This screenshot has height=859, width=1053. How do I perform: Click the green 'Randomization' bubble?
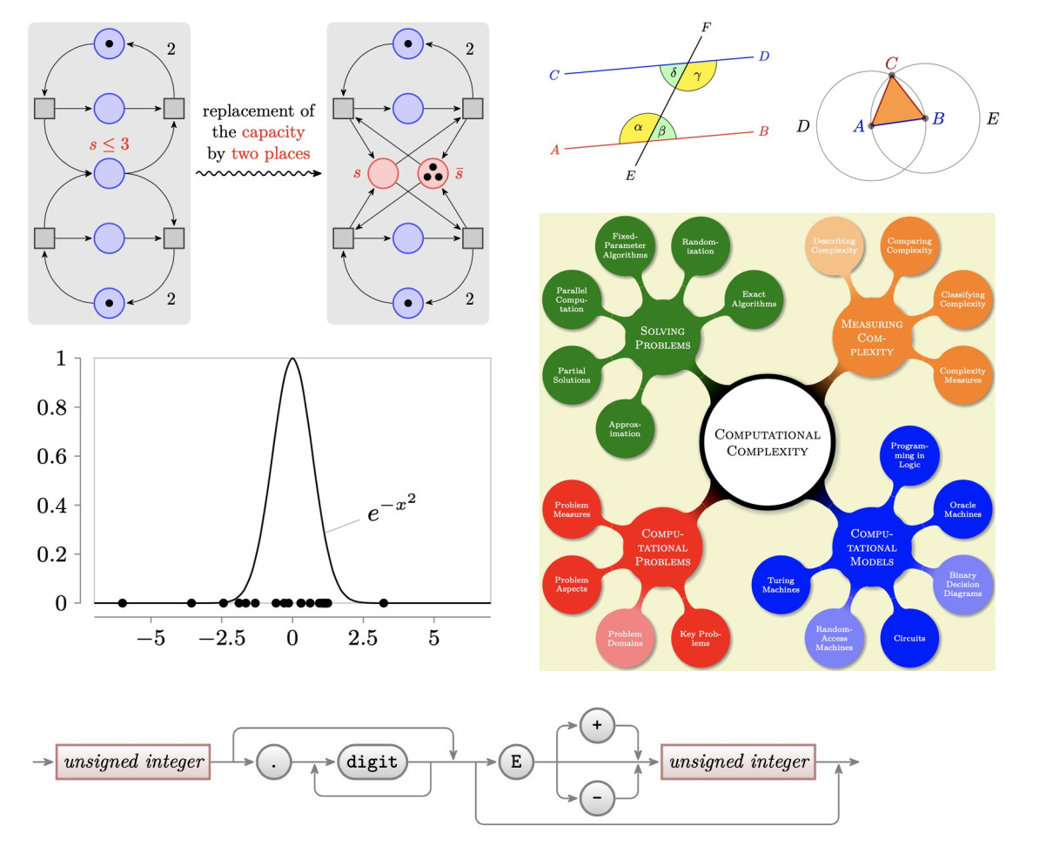click(x=700, y=247)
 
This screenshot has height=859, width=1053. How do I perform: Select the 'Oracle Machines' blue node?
click(x=962, y=510)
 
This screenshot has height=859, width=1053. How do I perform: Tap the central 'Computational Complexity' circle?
click(x=767, y=442)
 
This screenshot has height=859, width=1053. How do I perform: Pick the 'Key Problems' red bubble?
click(x=700, y=638)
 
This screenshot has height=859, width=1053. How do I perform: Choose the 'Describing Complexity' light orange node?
click(x=834, y=246)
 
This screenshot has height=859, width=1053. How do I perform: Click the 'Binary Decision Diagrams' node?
click(x=962, y=584)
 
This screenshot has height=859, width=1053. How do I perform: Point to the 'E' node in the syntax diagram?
click(x=516, y=762)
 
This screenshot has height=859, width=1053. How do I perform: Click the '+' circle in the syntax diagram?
click(x=597, y=725)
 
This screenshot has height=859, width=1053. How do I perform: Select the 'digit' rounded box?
click(x=372, y=762)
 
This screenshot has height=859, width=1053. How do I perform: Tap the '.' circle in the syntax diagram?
click(x=274, y=762)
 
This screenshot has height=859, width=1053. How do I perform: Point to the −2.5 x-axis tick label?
click(x=221, y=638)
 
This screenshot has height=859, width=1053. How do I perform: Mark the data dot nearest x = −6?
click(x=123, y=603)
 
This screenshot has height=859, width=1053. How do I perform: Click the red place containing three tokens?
click(x=433, y=173)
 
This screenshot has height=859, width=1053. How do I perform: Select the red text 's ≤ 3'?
click(x=109, y=144)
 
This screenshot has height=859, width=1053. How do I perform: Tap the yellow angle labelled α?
click(x=637, y=128)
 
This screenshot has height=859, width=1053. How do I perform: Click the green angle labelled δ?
click(x=673, y=73)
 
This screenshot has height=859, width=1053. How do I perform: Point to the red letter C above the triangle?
click(x=891, y=64)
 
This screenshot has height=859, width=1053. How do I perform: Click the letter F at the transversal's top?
click(x=706, y=28)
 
